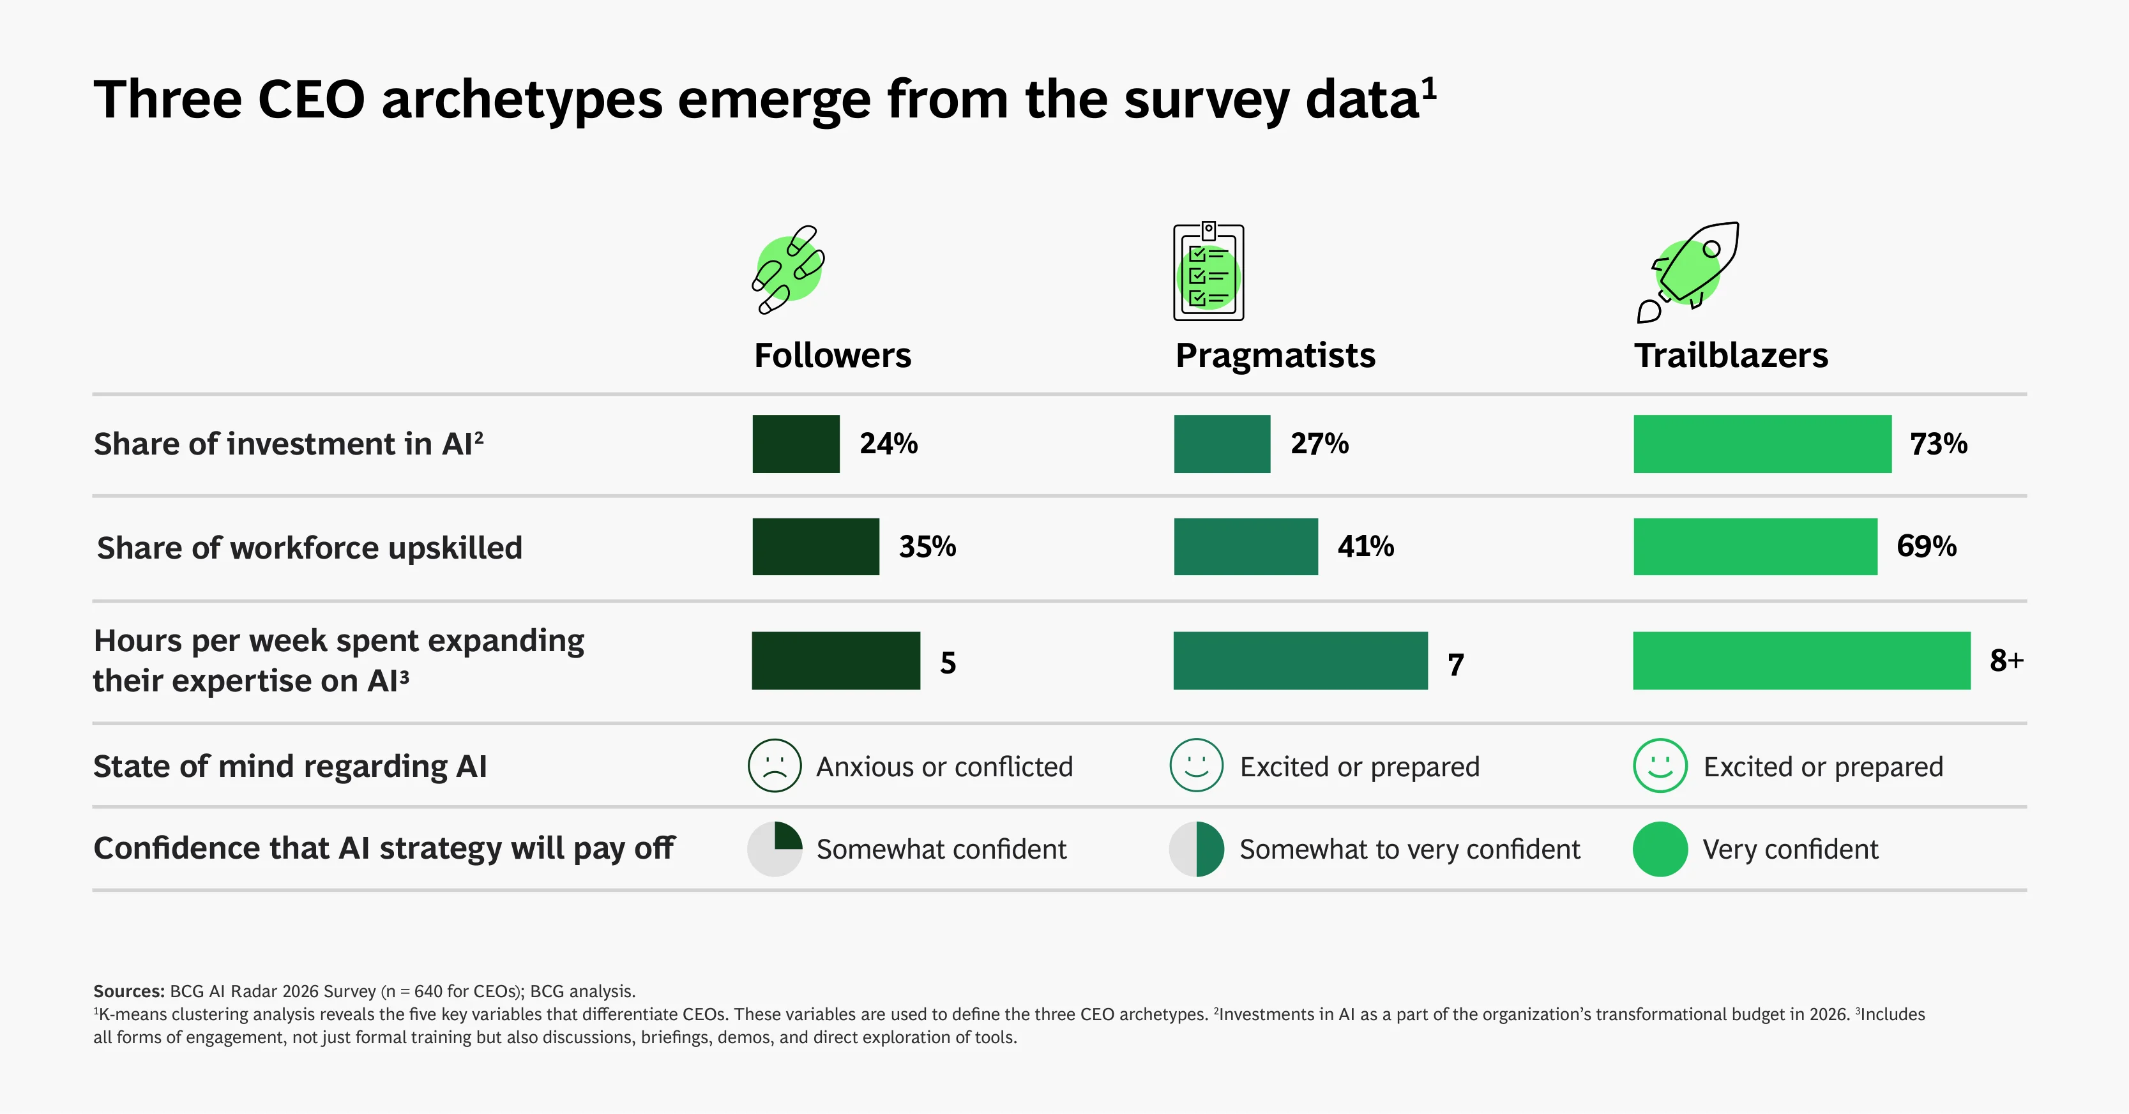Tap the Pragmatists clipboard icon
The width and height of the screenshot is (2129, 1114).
(x=1208, y=271)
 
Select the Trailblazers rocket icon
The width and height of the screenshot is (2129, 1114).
(x=1688, y=271)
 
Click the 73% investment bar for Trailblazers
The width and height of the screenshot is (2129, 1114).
(x=1762, y=444)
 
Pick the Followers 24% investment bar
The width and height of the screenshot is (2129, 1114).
(x=796, y=444)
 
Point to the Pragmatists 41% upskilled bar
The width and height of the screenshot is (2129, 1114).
(x=1245, y=546)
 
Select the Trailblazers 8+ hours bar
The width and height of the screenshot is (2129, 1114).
(x=1801, y=660)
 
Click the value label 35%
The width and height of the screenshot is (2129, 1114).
(x=927, y=546)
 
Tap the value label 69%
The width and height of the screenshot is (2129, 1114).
(x=1927, y=546)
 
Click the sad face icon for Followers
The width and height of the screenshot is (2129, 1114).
(x=775, y=765)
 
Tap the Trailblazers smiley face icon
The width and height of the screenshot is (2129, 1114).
(x=1660, y=765)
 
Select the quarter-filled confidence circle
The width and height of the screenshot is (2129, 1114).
(x=775, y=848)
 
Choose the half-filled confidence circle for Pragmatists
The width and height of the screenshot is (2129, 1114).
(x=1197, y=848)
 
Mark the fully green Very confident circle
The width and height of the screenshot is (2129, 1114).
(x=1660, y=848)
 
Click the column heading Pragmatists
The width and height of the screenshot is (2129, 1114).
(x=1275, y=356)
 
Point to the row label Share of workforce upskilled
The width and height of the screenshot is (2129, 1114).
(x=310, y=548)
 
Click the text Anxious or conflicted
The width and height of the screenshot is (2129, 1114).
(x=944, y=767)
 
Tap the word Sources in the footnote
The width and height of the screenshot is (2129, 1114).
(x=129, y=991)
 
